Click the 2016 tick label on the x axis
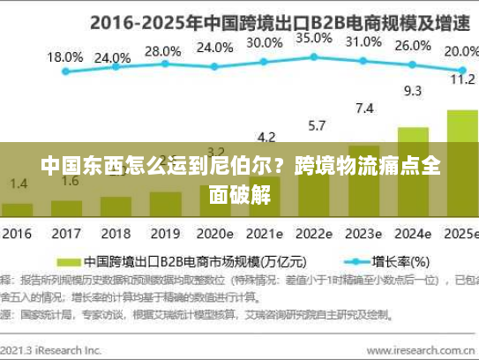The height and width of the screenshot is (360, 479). tap(17, 235)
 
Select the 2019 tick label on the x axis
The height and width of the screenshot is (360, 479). tap(164, 235)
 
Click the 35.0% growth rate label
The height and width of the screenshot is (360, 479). tap(314, 38)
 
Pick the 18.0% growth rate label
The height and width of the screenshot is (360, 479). tap(64, 56)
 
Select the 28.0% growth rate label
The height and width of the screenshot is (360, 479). tap(162, 51)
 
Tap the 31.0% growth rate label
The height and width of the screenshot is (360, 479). tap(363, 41)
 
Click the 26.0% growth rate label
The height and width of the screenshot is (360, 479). tap(413, 45)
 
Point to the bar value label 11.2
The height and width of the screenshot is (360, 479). tap(462, 79)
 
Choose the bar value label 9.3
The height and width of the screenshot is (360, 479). tap(413, 90)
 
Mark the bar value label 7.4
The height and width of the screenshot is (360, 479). tap(364, 109)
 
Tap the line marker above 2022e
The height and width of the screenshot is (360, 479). tap(314, 57)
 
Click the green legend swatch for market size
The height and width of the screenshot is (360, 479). tap(68, 261)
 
